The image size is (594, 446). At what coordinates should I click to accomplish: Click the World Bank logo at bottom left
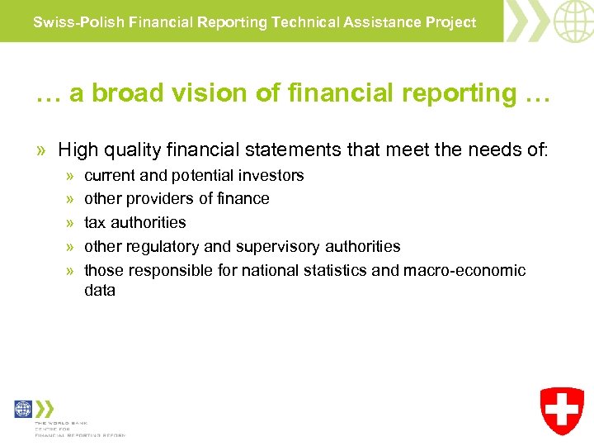click(x=23, y=409)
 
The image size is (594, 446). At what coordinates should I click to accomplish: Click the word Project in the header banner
click(x=450, y=22)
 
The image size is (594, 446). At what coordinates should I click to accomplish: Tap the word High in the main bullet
click(x=78, y=149)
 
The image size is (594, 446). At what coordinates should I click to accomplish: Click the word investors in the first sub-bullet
click(x=272, y=175)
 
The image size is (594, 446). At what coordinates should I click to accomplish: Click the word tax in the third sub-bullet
click(x=96, y=222)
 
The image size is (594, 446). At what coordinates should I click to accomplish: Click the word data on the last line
click(x=100, y=290)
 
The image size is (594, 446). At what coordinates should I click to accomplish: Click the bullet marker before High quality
click(x=41, y=150)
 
